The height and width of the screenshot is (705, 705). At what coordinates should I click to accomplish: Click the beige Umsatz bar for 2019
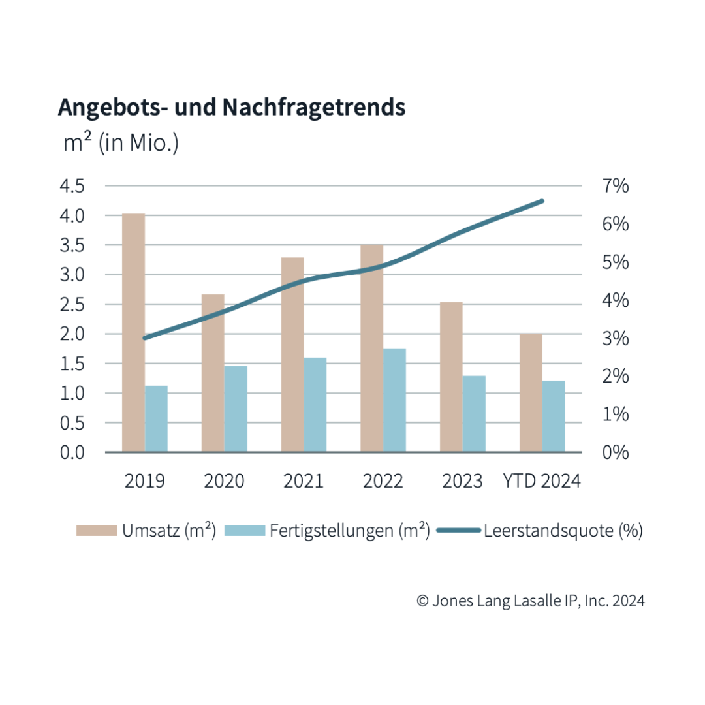click(133, 333)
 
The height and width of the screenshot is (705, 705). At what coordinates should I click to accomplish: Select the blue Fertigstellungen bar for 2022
click(394, 400)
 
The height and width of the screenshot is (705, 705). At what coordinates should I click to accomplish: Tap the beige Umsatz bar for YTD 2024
click(531, 392)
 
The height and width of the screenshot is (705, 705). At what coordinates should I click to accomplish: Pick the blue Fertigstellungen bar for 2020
click(236, 409)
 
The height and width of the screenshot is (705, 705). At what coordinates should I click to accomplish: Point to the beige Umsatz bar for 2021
click(292, 354)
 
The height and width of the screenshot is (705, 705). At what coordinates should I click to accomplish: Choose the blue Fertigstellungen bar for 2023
click(474, 414)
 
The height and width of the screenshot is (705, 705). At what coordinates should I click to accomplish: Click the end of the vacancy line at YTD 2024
click(542, 201)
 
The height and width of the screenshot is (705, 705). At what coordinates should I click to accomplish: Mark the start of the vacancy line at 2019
click(145, 337)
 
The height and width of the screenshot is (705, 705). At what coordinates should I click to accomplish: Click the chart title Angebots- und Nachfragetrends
click(232, 106)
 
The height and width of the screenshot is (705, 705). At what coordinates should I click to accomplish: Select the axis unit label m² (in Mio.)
click(121, 143)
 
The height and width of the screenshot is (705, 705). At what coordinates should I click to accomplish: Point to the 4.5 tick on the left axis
click(72, 186)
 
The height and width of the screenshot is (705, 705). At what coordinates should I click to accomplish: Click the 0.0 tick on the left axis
click(72, 452)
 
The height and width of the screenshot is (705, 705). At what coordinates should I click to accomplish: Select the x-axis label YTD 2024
click(542, 482)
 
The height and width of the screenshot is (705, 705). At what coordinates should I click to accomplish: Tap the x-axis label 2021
click(304, 482)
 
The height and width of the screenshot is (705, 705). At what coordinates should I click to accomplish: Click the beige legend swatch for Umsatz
click(96, 531)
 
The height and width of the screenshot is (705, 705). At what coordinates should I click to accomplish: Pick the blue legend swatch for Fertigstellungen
click(245, 531)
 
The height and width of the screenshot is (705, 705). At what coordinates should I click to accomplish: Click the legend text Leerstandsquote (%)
click(563, 531)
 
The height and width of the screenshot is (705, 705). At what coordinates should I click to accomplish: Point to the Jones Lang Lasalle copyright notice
click(530, 601)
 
